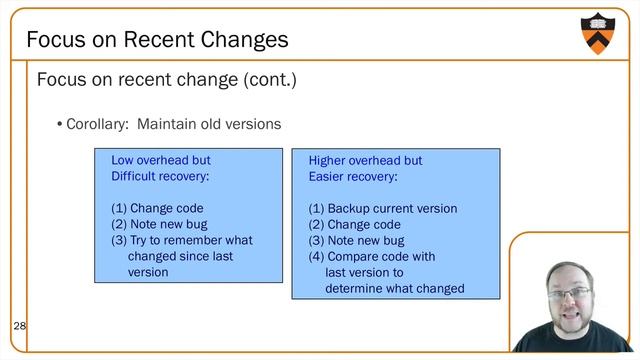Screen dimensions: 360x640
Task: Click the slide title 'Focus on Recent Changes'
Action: click(x=157, y=40)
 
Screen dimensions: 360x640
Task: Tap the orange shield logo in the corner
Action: click(x=597, y=33)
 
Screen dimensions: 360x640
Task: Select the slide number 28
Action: click(x=19, y=326)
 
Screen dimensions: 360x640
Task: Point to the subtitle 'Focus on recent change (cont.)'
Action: click(x=166, y=79)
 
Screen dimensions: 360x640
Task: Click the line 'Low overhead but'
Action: click(x=160, y=160)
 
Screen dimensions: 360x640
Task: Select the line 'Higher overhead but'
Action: click(x=365, y=160)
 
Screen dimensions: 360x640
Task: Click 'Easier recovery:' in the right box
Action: click(x=352, y=176)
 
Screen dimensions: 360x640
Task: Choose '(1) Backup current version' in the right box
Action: click(x=382, y=208)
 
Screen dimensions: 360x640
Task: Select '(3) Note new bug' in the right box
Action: click(x=356, y=240)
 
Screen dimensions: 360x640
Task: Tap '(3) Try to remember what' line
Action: click(x=181, y=240)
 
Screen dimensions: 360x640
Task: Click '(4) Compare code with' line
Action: click(x=371, y=256)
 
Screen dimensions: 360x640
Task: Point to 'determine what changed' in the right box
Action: click(x=394, y=288)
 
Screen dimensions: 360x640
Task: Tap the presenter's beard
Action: click(x=570, y=321)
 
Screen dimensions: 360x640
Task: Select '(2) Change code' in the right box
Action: click(x=354, y=224)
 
